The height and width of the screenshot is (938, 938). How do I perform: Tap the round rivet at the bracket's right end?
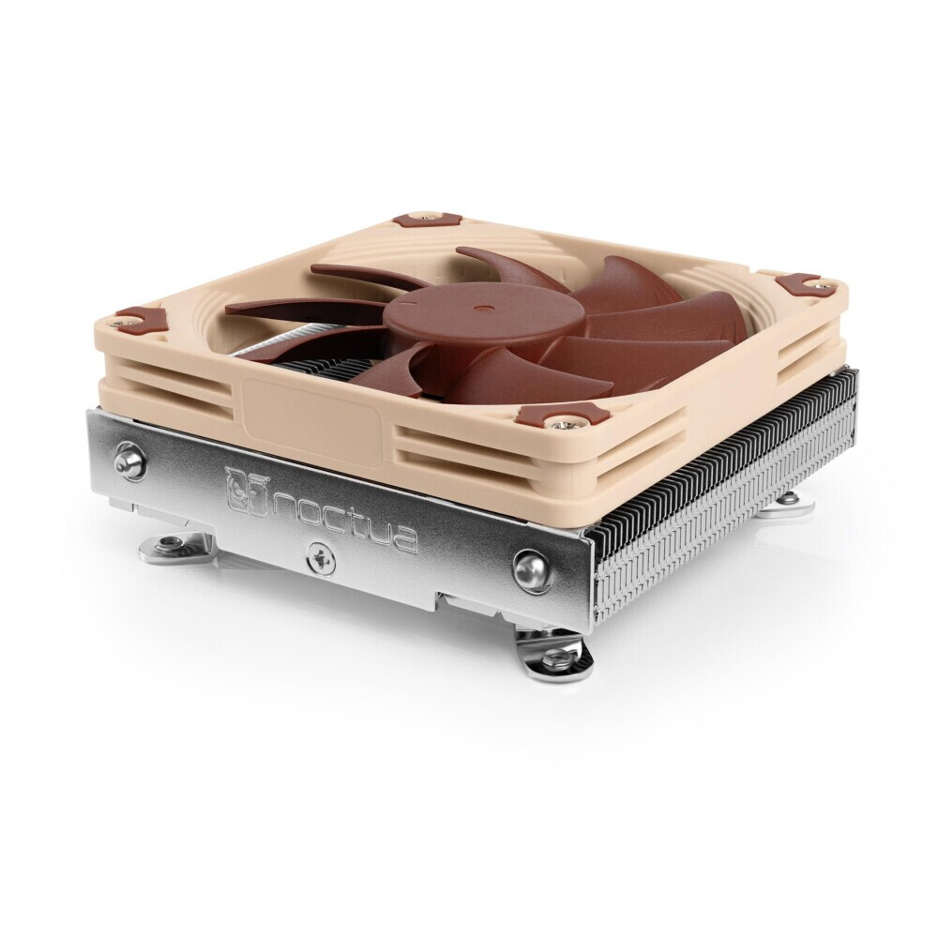pos(531,567)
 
